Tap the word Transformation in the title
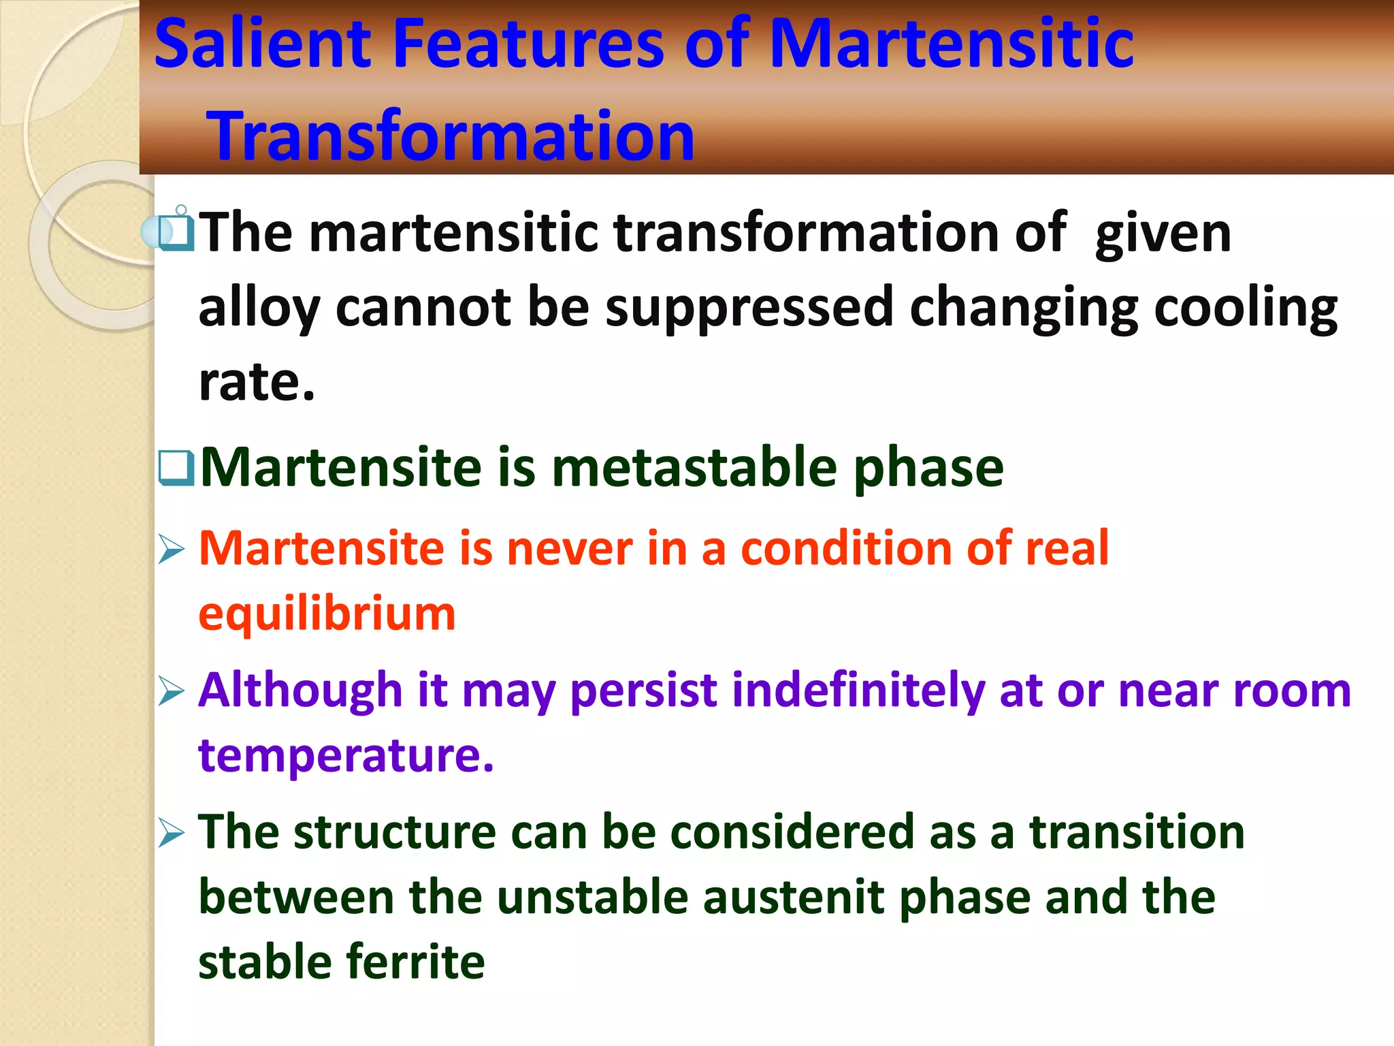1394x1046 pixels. click(x=452, y=136)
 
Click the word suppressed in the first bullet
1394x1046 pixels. click(x=749, y=308)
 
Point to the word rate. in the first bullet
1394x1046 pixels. click(x=257, y=381)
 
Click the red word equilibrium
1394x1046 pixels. click(x=327, y=614)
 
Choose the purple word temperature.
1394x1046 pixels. click(x=345, y=755)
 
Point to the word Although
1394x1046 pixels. click(x=300, y=691)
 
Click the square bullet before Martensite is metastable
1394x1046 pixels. click(x=176, y=469)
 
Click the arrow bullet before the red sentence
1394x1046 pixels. click(x=171, y=549)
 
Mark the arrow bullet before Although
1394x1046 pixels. click(x=171, y=691)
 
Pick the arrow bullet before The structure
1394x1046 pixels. click(x=171, y=833)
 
